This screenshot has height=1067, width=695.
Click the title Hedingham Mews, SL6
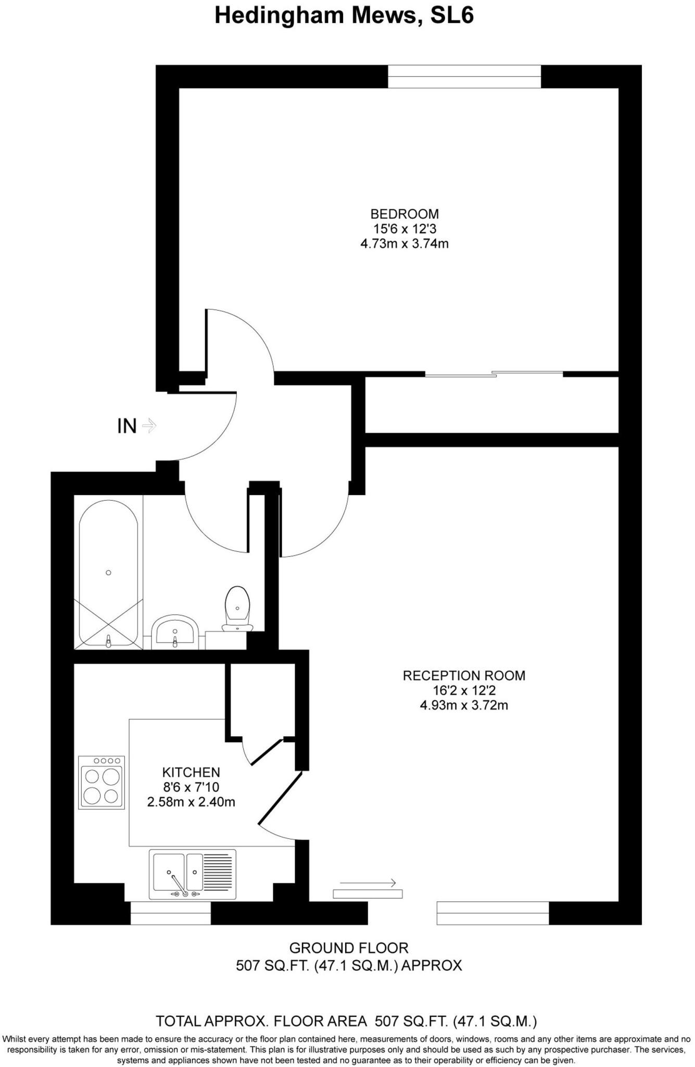tap(344, 16)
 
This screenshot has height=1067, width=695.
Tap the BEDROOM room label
tap(405, 214)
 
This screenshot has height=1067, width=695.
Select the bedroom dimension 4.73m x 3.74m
tap(405, 243)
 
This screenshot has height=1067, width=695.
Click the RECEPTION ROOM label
tap(464, 676)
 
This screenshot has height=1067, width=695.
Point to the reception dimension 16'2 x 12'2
tap(464, 691)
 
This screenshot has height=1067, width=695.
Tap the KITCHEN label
tap(191, 772)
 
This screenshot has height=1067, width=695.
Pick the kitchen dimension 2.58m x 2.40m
tap(191, 802)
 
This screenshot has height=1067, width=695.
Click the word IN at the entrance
tap(127, 426)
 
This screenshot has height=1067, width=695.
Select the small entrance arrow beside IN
tap(149, 426)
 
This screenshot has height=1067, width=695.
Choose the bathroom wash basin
tap(175, 631)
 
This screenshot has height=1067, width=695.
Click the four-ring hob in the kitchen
tap(102, 783)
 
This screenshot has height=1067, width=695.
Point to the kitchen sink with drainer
tap(192, 874)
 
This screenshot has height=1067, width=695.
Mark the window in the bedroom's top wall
tap(464, 77)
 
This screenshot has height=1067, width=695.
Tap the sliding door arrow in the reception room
tap(368, 883)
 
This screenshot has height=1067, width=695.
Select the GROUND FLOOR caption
tap(349, 948)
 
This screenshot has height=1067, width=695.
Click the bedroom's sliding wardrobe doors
tap(494, 374)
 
